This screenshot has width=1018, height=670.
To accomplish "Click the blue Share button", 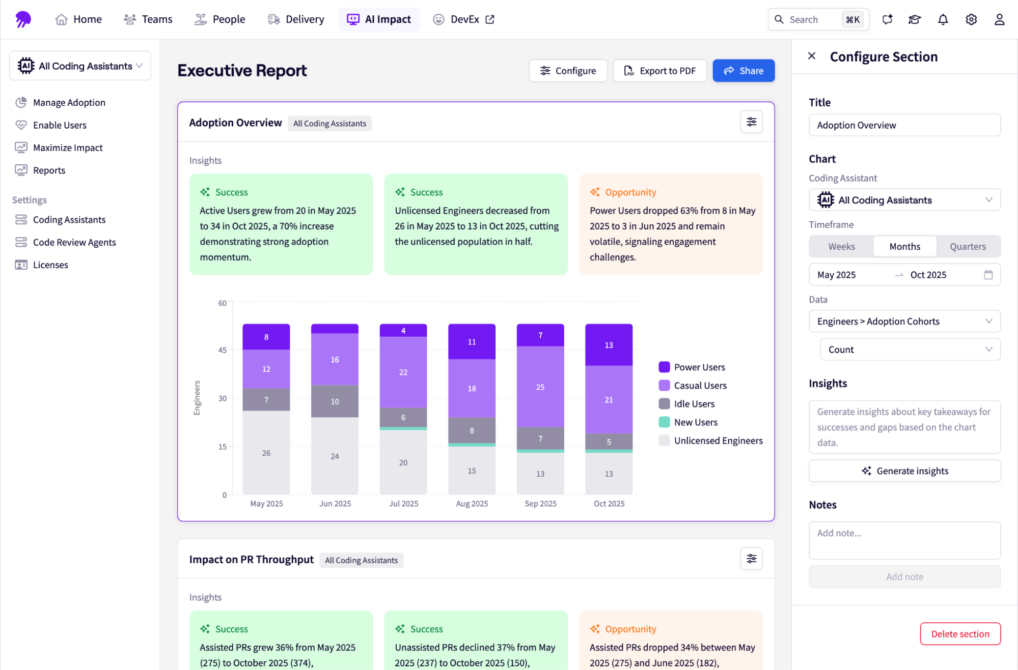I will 743,71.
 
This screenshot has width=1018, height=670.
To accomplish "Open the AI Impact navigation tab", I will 379,19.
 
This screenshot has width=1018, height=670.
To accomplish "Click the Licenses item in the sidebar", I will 50,265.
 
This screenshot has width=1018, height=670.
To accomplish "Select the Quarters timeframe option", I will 967,246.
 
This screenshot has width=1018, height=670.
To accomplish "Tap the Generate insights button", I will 904,471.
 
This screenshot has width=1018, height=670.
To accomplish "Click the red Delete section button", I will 959,633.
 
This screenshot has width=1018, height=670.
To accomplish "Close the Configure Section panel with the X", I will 811,56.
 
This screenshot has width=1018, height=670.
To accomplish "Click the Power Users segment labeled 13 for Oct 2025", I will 609,345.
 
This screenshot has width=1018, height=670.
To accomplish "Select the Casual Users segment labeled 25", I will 540,387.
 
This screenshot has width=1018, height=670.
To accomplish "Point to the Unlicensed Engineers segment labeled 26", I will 266,452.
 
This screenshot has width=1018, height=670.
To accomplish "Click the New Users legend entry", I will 695,422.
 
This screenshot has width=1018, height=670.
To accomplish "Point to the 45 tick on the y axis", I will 223,350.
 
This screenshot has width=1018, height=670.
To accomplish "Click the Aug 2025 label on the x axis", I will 472,503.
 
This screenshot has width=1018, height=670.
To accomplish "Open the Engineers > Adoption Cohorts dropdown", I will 904,321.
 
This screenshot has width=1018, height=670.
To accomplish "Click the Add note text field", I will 904,540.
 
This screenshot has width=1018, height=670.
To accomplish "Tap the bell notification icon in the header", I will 943,19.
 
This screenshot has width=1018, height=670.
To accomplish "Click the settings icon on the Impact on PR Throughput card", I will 751,559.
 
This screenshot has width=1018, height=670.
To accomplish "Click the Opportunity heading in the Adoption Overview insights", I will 630,192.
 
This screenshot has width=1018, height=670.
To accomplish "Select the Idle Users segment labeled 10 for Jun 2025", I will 334,401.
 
